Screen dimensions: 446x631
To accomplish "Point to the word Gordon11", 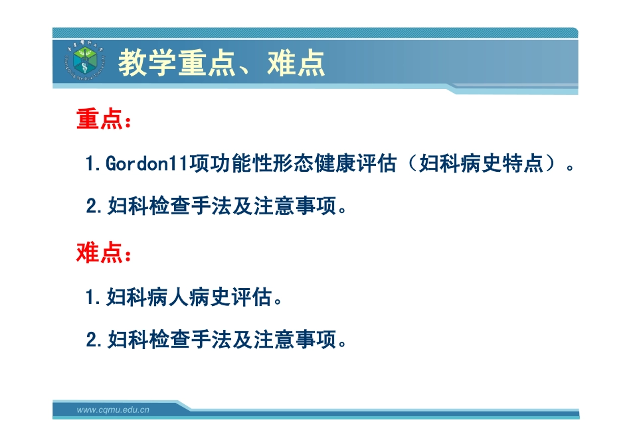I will point(147,164).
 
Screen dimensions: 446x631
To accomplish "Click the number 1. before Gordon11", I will point(94,164).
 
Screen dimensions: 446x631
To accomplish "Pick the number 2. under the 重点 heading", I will point(95,207).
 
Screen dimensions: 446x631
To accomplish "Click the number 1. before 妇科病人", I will point(94,297).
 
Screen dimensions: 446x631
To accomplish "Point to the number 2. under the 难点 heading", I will point(95,340).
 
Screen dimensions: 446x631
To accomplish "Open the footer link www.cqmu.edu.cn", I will point(113,410).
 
